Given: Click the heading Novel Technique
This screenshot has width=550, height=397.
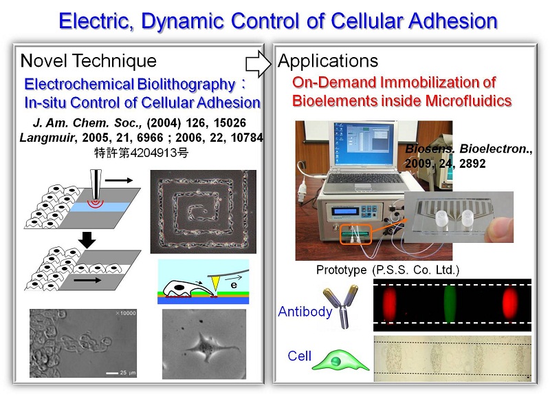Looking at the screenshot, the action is click(89, 61).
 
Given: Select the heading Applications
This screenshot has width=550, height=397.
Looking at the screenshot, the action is click(328, 61).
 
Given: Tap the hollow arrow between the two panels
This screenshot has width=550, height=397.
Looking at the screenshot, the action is click(258, 64).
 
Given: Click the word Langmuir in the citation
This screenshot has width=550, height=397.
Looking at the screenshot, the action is click(47, 137).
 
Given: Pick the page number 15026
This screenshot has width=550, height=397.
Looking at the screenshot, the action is click(230, 122).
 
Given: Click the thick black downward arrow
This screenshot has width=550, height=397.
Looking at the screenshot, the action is click(87, 240).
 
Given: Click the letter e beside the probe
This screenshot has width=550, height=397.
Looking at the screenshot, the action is click(234, 285).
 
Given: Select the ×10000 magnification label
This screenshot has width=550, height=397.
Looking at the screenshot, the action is click(125, 313).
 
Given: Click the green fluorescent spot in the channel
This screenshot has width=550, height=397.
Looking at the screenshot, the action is click(450, 303).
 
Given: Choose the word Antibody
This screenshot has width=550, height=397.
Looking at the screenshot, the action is click(305, 312).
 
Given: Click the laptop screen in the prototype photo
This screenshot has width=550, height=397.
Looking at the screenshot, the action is click(364, 144).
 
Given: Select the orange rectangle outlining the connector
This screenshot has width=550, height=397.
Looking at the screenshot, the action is click(355, 235).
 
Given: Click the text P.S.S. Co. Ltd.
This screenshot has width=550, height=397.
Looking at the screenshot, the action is click(416, 270).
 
